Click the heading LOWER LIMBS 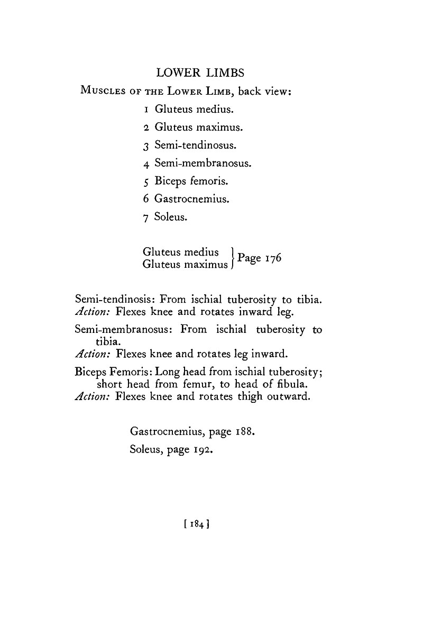(x=210, y=72)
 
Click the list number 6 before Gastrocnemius (x=146, y=199)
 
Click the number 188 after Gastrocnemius (x=245, y=432)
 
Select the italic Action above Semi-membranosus (x=93, y=311)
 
